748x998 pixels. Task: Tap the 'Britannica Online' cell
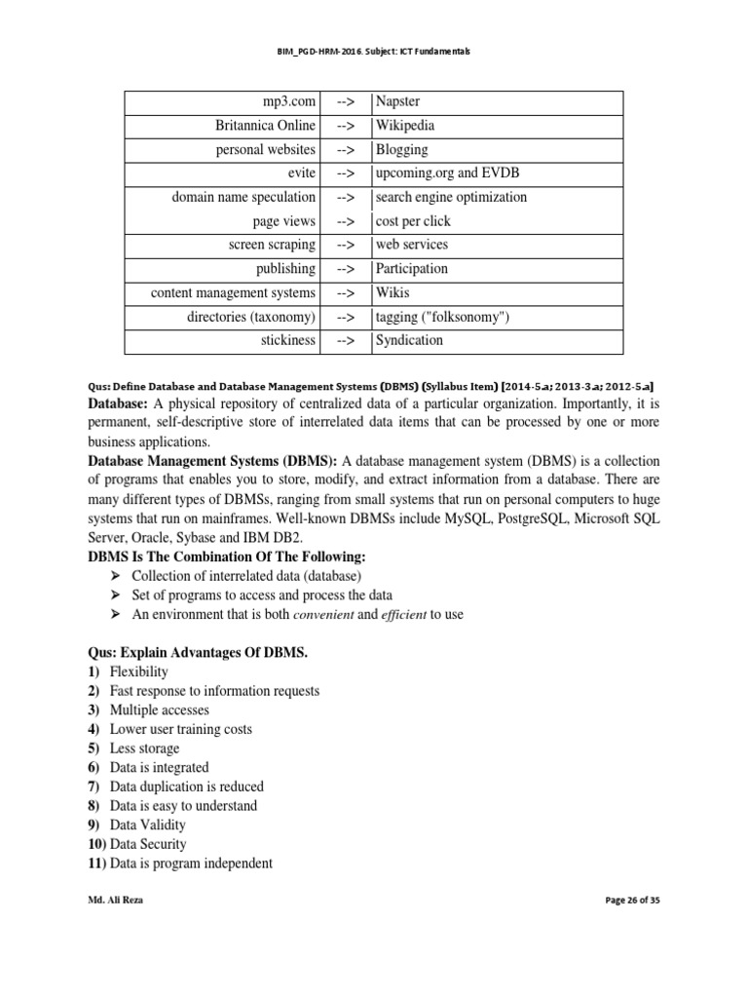click(265, 126)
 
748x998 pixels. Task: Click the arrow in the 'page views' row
click(345, 221)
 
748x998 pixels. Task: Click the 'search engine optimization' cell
click(451, 197)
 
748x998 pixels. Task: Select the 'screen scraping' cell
click(272, 245)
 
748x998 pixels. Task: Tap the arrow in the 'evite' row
click(345, 173)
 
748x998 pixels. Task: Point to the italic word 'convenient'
click(297, 614)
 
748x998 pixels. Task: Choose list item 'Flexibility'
click(138, 672)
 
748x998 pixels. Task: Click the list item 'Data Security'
click(147, 844)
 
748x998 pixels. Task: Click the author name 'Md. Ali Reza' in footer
click(115, 902)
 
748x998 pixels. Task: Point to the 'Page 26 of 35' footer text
click(631, 902)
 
